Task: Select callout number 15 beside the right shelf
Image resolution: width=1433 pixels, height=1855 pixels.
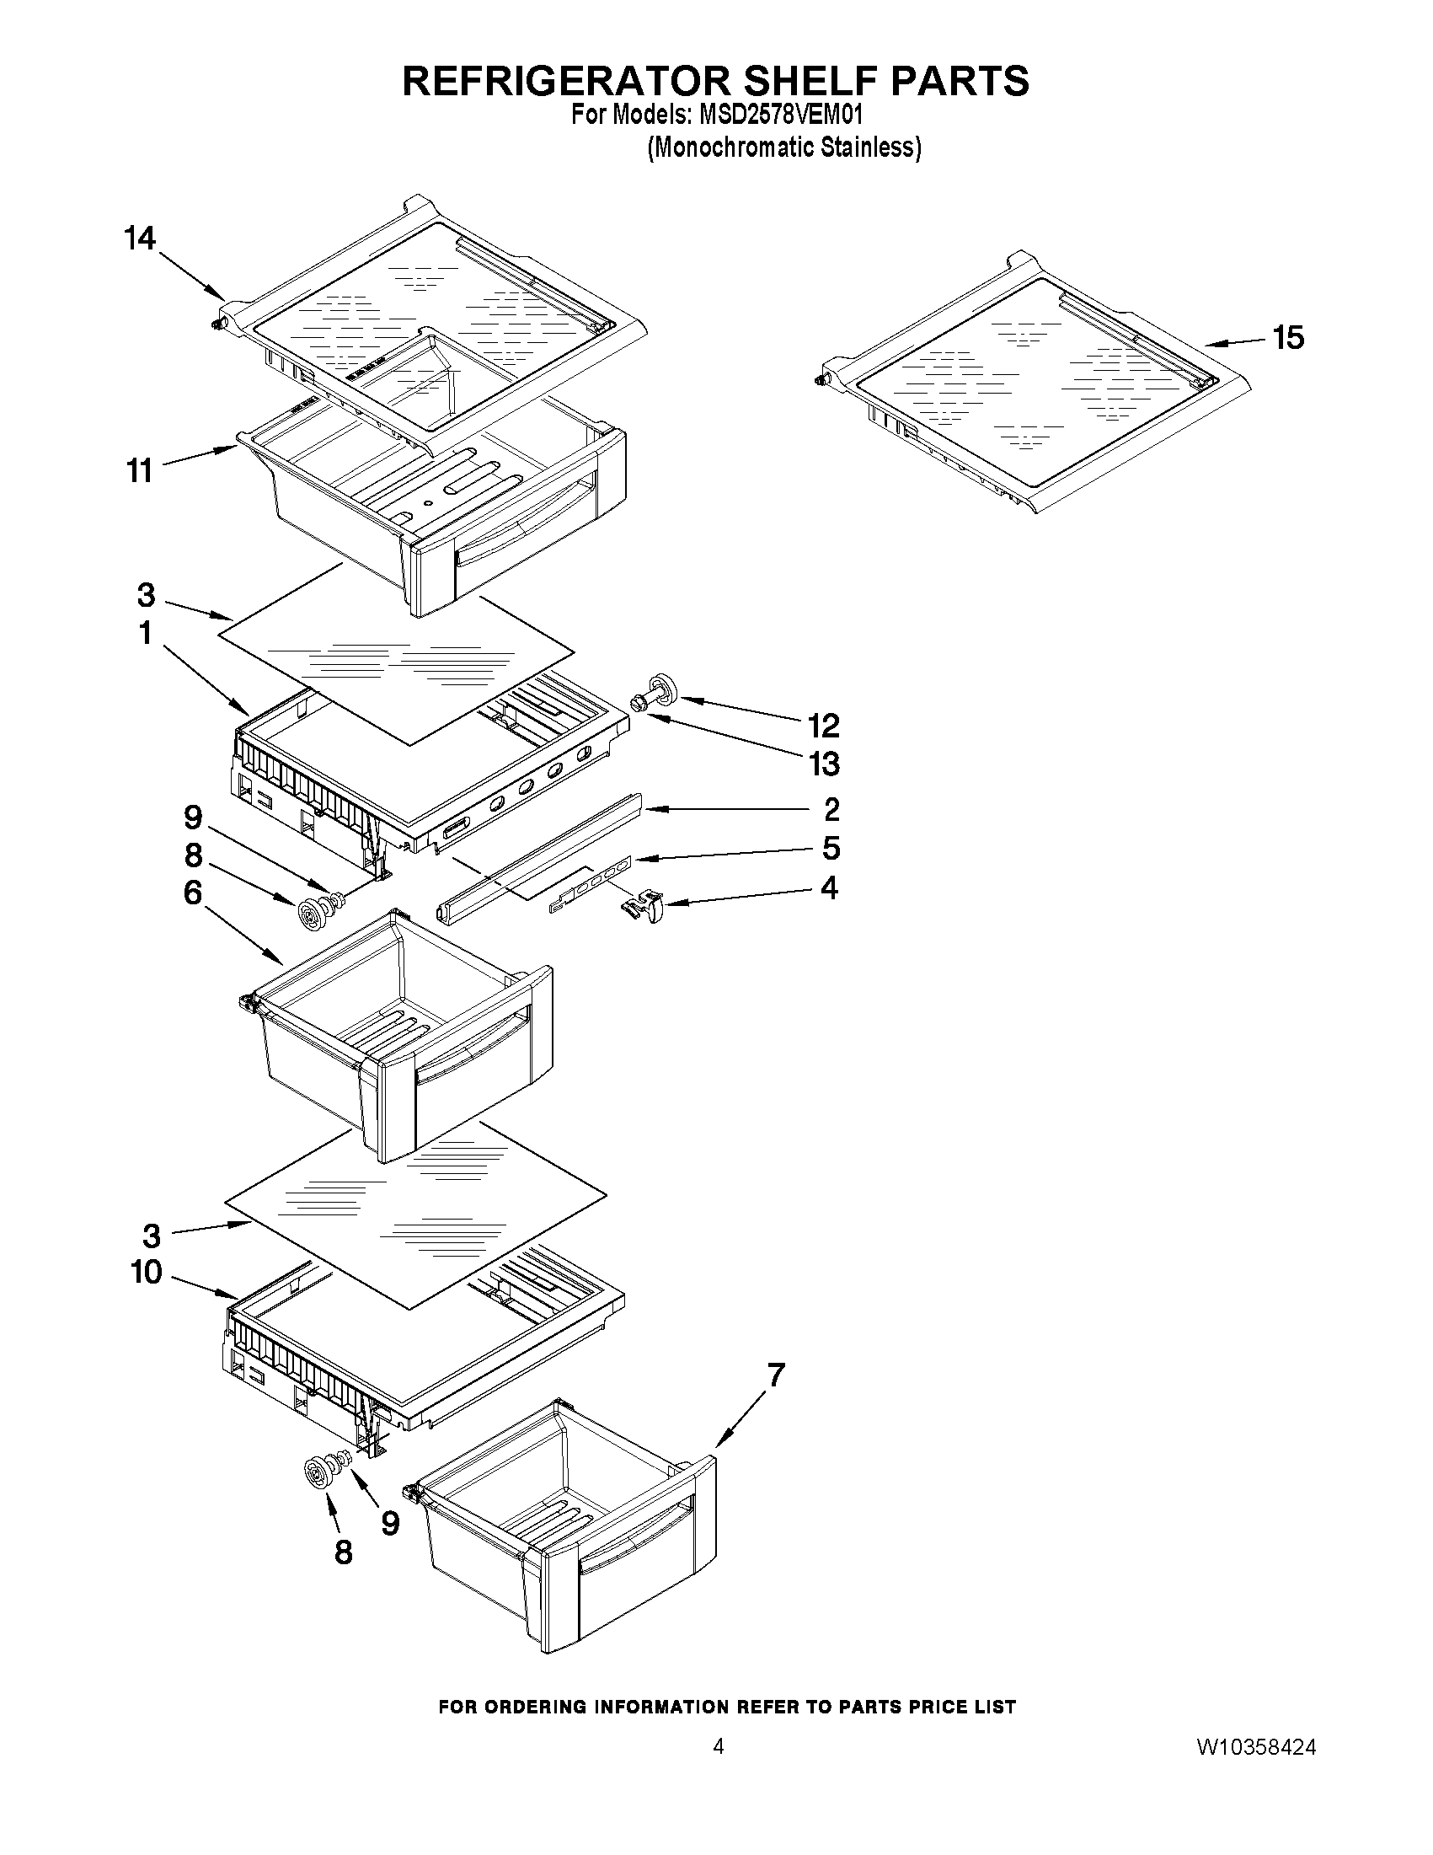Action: point(1288,338)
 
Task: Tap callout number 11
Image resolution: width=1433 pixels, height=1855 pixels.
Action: point(139,469)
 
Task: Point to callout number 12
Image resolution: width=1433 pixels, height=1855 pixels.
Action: point(822,726)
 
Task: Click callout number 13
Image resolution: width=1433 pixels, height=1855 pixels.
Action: point(822,764)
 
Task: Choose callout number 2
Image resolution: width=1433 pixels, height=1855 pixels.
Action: point(831,808)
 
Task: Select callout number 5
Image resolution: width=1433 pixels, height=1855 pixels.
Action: point(831,848)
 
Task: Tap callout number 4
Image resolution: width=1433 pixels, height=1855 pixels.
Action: point(829,887)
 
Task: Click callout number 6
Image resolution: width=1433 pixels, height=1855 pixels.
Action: point(193,893)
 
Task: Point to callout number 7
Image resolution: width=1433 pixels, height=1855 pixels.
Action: point(775,1375)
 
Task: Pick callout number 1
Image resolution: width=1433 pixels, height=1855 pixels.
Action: point(145,633)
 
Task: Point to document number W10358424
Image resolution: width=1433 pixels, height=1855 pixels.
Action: point(1256,1819)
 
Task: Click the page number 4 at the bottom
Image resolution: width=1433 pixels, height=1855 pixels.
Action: point(719,1818)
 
